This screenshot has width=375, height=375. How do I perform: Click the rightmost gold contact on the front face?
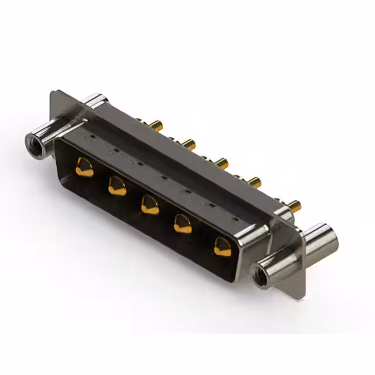[223, 247]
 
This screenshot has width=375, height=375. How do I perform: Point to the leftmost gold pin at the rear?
[156, 124]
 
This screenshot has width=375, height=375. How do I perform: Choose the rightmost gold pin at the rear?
[294, 205]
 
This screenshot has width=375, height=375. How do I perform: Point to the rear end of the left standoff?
[93, 101]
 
